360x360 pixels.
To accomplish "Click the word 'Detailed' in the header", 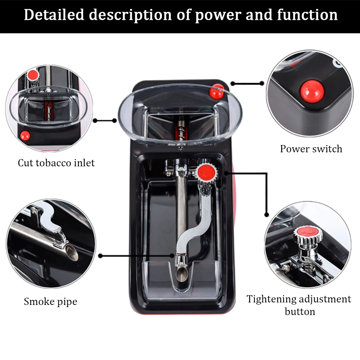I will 53,15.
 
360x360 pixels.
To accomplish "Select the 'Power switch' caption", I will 311,149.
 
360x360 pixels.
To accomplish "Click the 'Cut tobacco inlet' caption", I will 56,163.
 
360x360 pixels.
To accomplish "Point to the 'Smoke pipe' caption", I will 50,301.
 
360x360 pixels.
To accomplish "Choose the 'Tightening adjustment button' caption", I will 299,305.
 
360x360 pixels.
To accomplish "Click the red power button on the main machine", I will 217,92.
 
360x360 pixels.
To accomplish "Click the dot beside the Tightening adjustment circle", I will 266,215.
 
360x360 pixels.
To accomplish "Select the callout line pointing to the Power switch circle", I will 248,84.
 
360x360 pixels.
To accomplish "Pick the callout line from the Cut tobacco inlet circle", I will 104,121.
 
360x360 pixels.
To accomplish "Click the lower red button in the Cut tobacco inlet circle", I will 25,135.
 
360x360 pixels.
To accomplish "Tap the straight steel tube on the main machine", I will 181,205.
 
